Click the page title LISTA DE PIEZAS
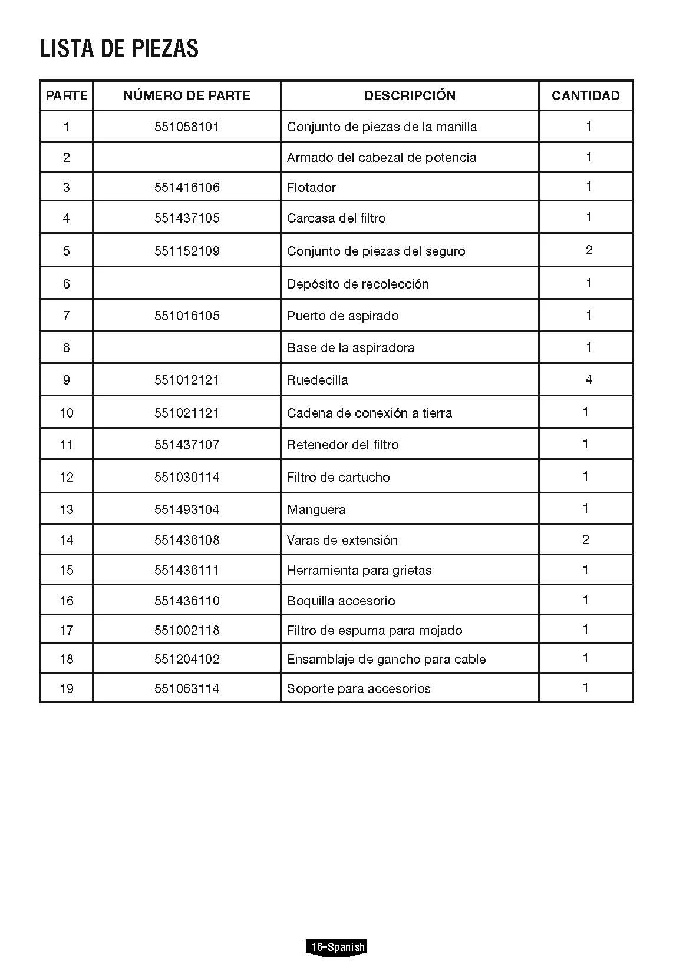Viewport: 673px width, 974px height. [x=119, y=48]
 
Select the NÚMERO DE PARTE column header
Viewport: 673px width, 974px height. [x=187, y=95]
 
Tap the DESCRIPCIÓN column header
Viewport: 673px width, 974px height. [x=410, y=95]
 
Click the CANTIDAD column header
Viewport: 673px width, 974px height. [x=585, y=95]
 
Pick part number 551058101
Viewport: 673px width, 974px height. [x=187, y=127]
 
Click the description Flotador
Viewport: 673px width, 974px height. [x=311, y=187]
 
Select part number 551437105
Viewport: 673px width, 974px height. [x=187, y=218]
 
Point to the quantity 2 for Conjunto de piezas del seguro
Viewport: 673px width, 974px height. [x=589, y=250]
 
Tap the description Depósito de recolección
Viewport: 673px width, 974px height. [x=358, y=284]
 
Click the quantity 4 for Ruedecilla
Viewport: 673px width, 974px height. [x=589, y=379]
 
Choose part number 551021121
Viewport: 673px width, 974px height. [x=187, y=413]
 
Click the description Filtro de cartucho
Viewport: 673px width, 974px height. [x=338, y=477]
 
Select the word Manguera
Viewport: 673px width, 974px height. [x=316, y=509]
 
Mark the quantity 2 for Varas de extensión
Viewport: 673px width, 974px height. [x=585, y=539]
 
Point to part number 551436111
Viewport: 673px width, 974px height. [x=187, y=570]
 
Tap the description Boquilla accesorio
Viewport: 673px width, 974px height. [x=341, y=601]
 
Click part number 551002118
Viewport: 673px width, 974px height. [x=187, y=630]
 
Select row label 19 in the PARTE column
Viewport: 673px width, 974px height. [x=67, y=688]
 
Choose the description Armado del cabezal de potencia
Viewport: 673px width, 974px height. [x=381, y=157]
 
